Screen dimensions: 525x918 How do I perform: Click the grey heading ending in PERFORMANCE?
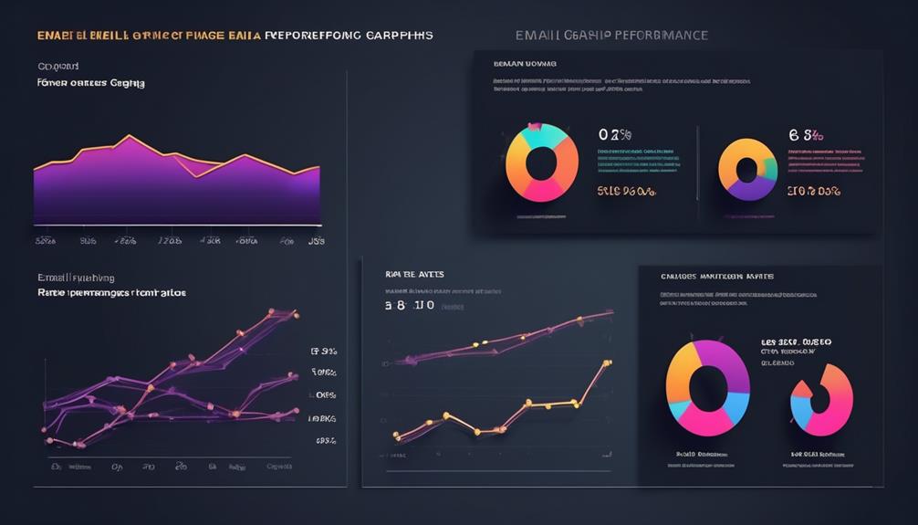[610, 35]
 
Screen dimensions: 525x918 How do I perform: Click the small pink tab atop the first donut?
[534, 126]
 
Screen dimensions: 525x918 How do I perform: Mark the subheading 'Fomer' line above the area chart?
[90, 83]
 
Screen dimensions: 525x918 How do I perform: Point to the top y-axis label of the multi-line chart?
[323, 351]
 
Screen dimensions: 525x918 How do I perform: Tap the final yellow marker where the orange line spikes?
[607, 363]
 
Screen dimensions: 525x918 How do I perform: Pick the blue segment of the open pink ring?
[802, 412]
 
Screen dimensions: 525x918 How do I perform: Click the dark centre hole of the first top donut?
[542, 163]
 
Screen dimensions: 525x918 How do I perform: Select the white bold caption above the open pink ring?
[796, 342]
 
